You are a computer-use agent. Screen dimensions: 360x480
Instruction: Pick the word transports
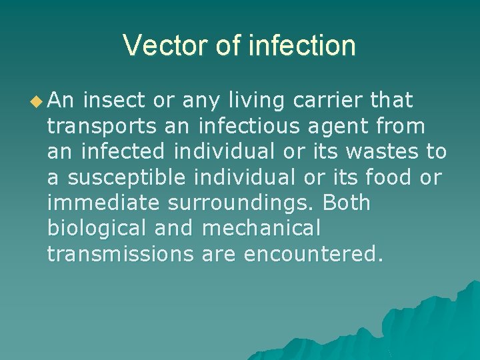pyautogui.click(x=101, y=127)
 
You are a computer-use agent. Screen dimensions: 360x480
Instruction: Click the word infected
pyautogui.click(x=123, y=151)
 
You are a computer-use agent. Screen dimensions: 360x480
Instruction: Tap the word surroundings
pyautogui.click(x=242, y=203)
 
